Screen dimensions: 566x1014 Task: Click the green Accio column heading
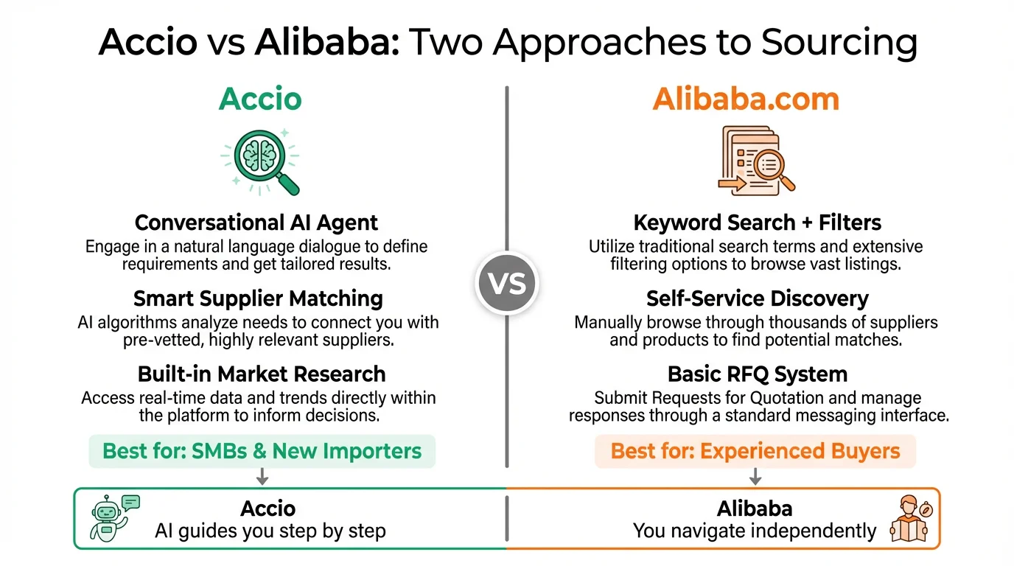[x=260, y=99]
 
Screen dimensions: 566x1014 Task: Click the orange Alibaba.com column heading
[x=746, y=99]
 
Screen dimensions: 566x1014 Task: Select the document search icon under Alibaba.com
[x=755, y=160]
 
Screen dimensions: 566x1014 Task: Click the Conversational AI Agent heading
[x=256, y=223]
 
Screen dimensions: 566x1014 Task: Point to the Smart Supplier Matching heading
[x=258, y=298]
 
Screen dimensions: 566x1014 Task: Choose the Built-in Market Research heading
[x=261, y=374]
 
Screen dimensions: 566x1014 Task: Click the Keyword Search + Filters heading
[x=757, y=223]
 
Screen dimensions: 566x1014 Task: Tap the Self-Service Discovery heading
[x=757, y=298]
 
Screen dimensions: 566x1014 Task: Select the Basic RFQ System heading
[x=757, y=374]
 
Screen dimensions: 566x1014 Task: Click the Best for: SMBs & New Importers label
[x=262, y=451]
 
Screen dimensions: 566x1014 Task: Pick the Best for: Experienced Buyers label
[x=755, y=451]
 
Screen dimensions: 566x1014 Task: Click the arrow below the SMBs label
[x=262, y=477]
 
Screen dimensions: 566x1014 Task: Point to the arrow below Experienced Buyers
[x=755, y=477]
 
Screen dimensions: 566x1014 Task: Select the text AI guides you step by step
[x=270, y=531]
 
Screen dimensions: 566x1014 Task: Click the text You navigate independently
[x=755, y=531]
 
